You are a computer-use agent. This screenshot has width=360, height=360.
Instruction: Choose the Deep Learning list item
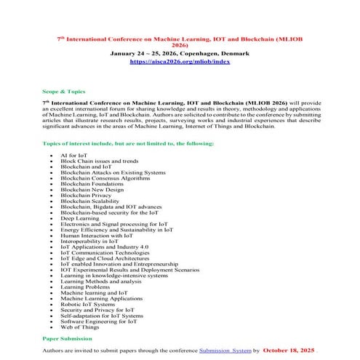coord(81,217)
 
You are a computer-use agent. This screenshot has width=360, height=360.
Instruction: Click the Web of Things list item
coord(81,327)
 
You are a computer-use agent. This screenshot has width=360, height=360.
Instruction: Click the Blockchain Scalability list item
coord(92,201)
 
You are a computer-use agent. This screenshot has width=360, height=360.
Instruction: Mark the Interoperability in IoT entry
coord(89,241)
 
